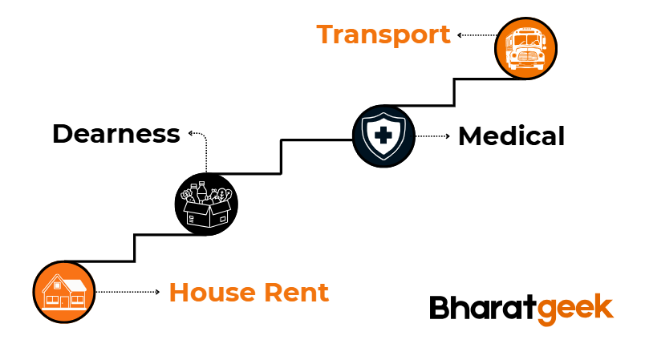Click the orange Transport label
(x=383, y=35)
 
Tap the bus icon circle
(x=525, y=45)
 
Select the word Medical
(x=511, y=136)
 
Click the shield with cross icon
(x=383, y=136)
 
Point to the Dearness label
(x=116, y=134)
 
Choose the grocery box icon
(x=207, y=203)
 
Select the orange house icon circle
(x=64, y=292)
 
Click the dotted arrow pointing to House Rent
(x=128, y=293)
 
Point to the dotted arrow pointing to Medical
(x=432, y=136)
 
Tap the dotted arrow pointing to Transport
(x=476, y=35)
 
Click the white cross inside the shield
(x=383, y=135)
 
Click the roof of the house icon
(x=64, y=283)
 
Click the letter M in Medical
(x=472, y=136)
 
